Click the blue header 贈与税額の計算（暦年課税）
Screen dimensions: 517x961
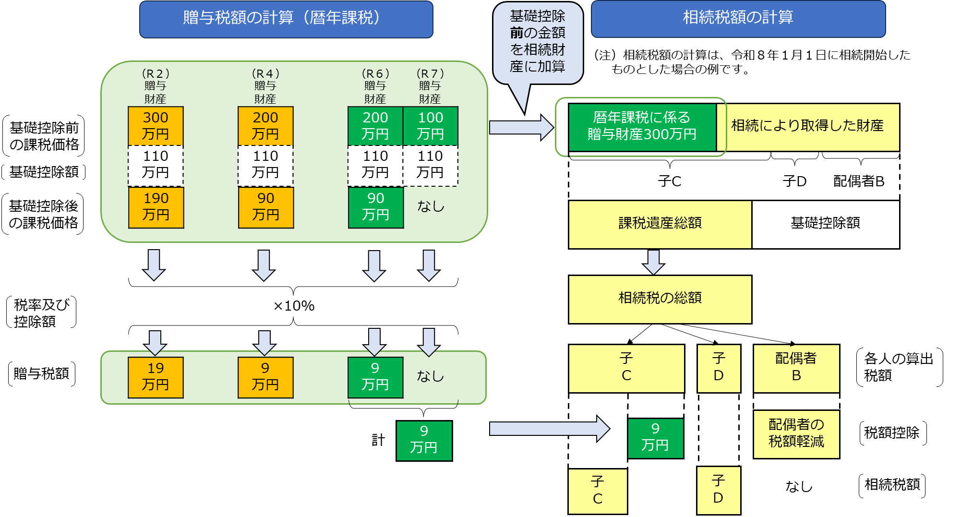click(x=286, y=19)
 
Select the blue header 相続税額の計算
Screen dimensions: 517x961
click(x=738, y=18)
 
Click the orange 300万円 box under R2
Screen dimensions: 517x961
click(x=156, y=126)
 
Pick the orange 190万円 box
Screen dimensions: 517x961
click(x=156, y=207)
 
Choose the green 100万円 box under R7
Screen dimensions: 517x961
click(x=431, y=126)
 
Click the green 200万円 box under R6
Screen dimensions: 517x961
click(x=375, y=126)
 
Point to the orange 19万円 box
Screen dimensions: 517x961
click(x=156, y=377)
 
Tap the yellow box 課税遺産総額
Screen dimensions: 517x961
click(x=660, y=224)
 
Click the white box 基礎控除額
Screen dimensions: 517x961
click(x=825, y=224)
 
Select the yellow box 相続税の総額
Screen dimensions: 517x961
click(x=660, y=299)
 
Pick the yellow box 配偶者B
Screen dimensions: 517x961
click(x=796, y=368)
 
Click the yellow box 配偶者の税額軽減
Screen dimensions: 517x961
click(x=796, y=433)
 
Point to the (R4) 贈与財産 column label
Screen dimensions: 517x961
click(x=265, y=86)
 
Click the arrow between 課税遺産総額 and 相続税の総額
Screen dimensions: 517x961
click(x=653, y=262)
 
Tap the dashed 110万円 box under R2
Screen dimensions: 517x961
click(x=156, y=165)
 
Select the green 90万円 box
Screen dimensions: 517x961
click(x=375, y=207)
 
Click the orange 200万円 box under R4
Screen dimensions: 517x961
click(x=265, y=126)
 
